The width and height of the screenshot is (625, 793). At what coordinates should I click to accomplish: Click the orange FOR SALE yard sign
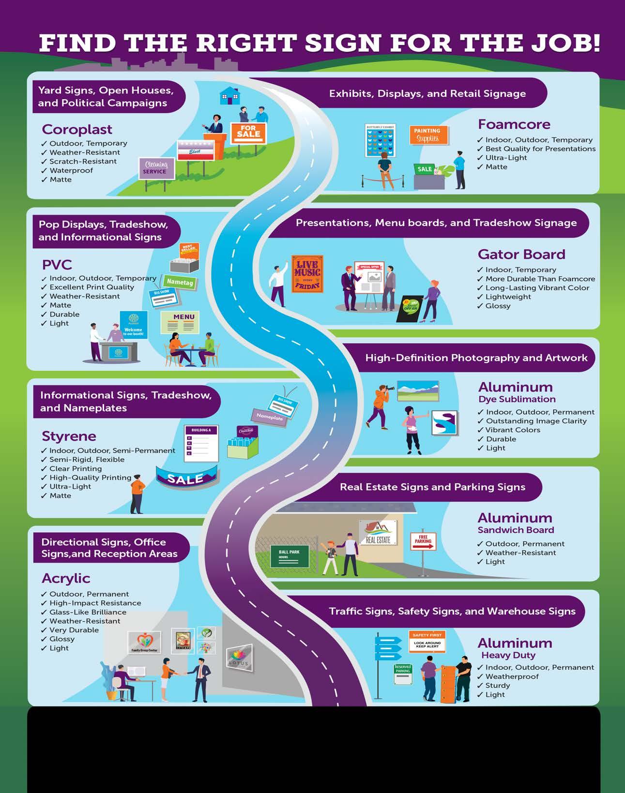click(x=248, y=132)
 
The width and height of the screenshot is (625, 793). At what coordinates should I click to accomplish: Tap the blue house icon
click(x=229, y=96)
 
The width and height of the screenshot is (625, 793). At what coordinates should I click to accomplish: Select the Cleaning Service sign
click(x=156, y=168)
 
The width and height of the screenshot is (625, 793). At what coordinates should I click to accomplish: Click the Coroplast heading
click(x=77, y=129)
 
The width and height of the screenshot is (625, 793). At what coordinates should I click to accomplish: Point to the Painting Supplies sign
click(x=427, y=135)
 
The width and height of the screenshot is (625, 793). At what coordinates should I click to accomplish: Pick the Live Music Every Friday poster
click(x=307, y=274)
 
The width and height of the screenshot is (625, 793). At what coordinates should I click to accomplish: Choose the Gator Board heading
click(x=521, y=254)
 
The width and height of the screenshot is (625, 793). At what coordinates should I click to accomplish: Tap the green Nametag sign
click(x=180, y=282)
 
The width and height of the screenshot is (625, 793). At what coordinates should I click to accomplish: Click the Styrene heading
click(x=69, y=436)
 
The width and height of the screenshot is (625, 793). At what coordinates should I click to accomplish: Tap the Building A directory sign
click(x=201, y=443)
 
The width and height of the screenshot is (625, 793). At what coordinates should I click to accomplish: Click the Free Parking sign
click(x=423, y=541)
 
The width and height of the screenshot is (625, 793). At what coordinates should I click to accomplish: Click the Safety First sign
click(x=427, y=642)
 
